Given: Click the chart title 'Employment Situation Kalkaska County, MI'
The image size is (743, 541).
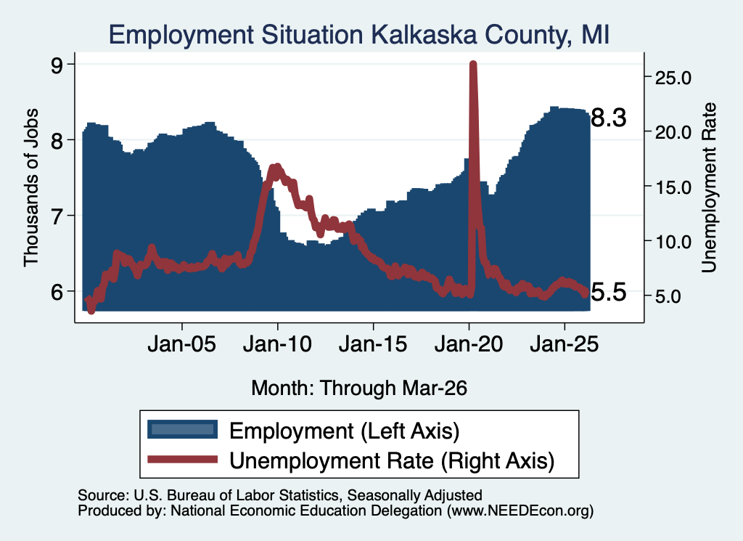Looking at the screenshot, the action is tap(358, 35).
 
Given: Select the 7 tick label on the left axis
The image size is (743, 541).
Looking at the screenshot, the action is tap(57, 216).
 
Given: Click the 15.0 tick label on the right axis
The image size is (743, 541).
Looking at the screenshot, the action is tap(673, 187).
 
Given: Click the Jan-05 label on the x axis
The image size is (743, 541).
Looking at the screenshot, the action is tap(182, 343).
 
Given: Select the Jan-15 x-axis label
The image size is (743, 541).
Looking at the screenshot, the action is tap(373, 343).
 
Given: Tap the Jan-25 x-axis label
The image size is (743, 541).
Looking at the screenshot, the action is tap(565, 343).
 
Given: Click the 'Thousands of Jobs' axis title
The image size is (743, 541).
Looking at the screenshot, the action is tap(31, 187).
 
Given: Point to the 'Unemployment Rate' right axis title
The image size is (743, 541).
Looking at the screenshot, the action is tap(709, 187).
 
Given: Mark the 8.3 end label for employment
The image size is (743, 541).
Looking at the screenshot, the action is tap(609, 118).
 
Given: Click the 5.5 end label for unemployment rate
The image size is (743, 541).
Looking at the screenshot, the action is tap(609, 292).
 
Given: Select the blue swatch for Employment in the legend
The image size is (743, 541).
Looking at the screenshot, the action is tap(182, 430).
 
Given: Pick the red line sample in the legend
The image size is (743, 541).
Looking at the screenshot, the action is tap(182, 460).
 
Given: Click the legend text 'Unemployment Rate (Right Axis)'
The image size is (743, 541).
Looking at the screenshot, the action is tap(392, 461).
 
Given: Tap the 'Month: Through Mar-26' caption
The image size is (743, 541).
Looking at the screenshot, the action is tap(359, 388).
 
